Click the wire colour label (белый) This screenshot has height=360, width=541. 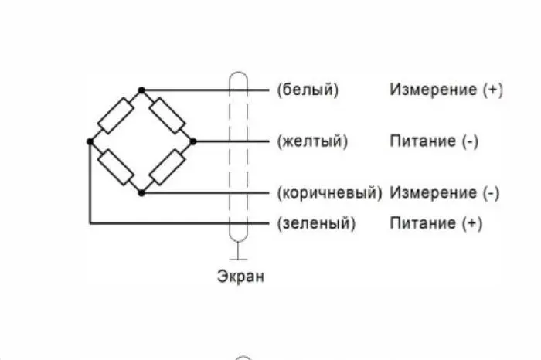pos(308,90)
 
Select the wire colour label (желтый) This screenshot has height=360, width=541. pos(312,141)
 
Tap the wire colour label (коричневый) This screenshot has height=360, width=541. pos(330,193)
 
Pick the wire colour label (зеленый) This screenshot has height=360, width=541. pos(316,223)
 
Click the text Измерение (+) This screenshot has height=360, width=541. pos(447,90)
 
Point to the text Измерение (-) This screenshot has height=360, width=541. pos(444,193)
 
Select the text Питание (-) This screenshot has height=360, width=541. pos(434,141)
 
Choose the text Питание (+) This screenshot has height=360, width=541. pos(436,223)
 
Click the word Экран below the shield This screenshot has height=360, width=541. pos(241,277)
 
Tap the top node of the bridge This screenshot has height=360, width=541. pos(141,90)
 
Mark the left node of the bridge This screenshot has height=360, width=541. pos(90,141)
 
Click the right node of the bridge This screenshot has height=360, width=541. pos(193,141)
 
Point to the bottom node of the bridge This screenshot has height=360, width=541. pos(141,193)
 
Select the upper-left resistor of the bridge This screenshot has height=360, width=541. pos(116,116)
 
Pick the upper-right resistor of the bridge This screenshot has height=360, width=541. pos(168,116)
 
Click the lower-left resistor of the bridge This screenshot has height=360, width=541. pos(116,167)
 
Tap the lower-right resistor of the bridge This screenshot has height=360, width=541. pos(168,167)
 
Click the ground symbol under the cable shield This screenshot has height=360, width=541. pos(238,251)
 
